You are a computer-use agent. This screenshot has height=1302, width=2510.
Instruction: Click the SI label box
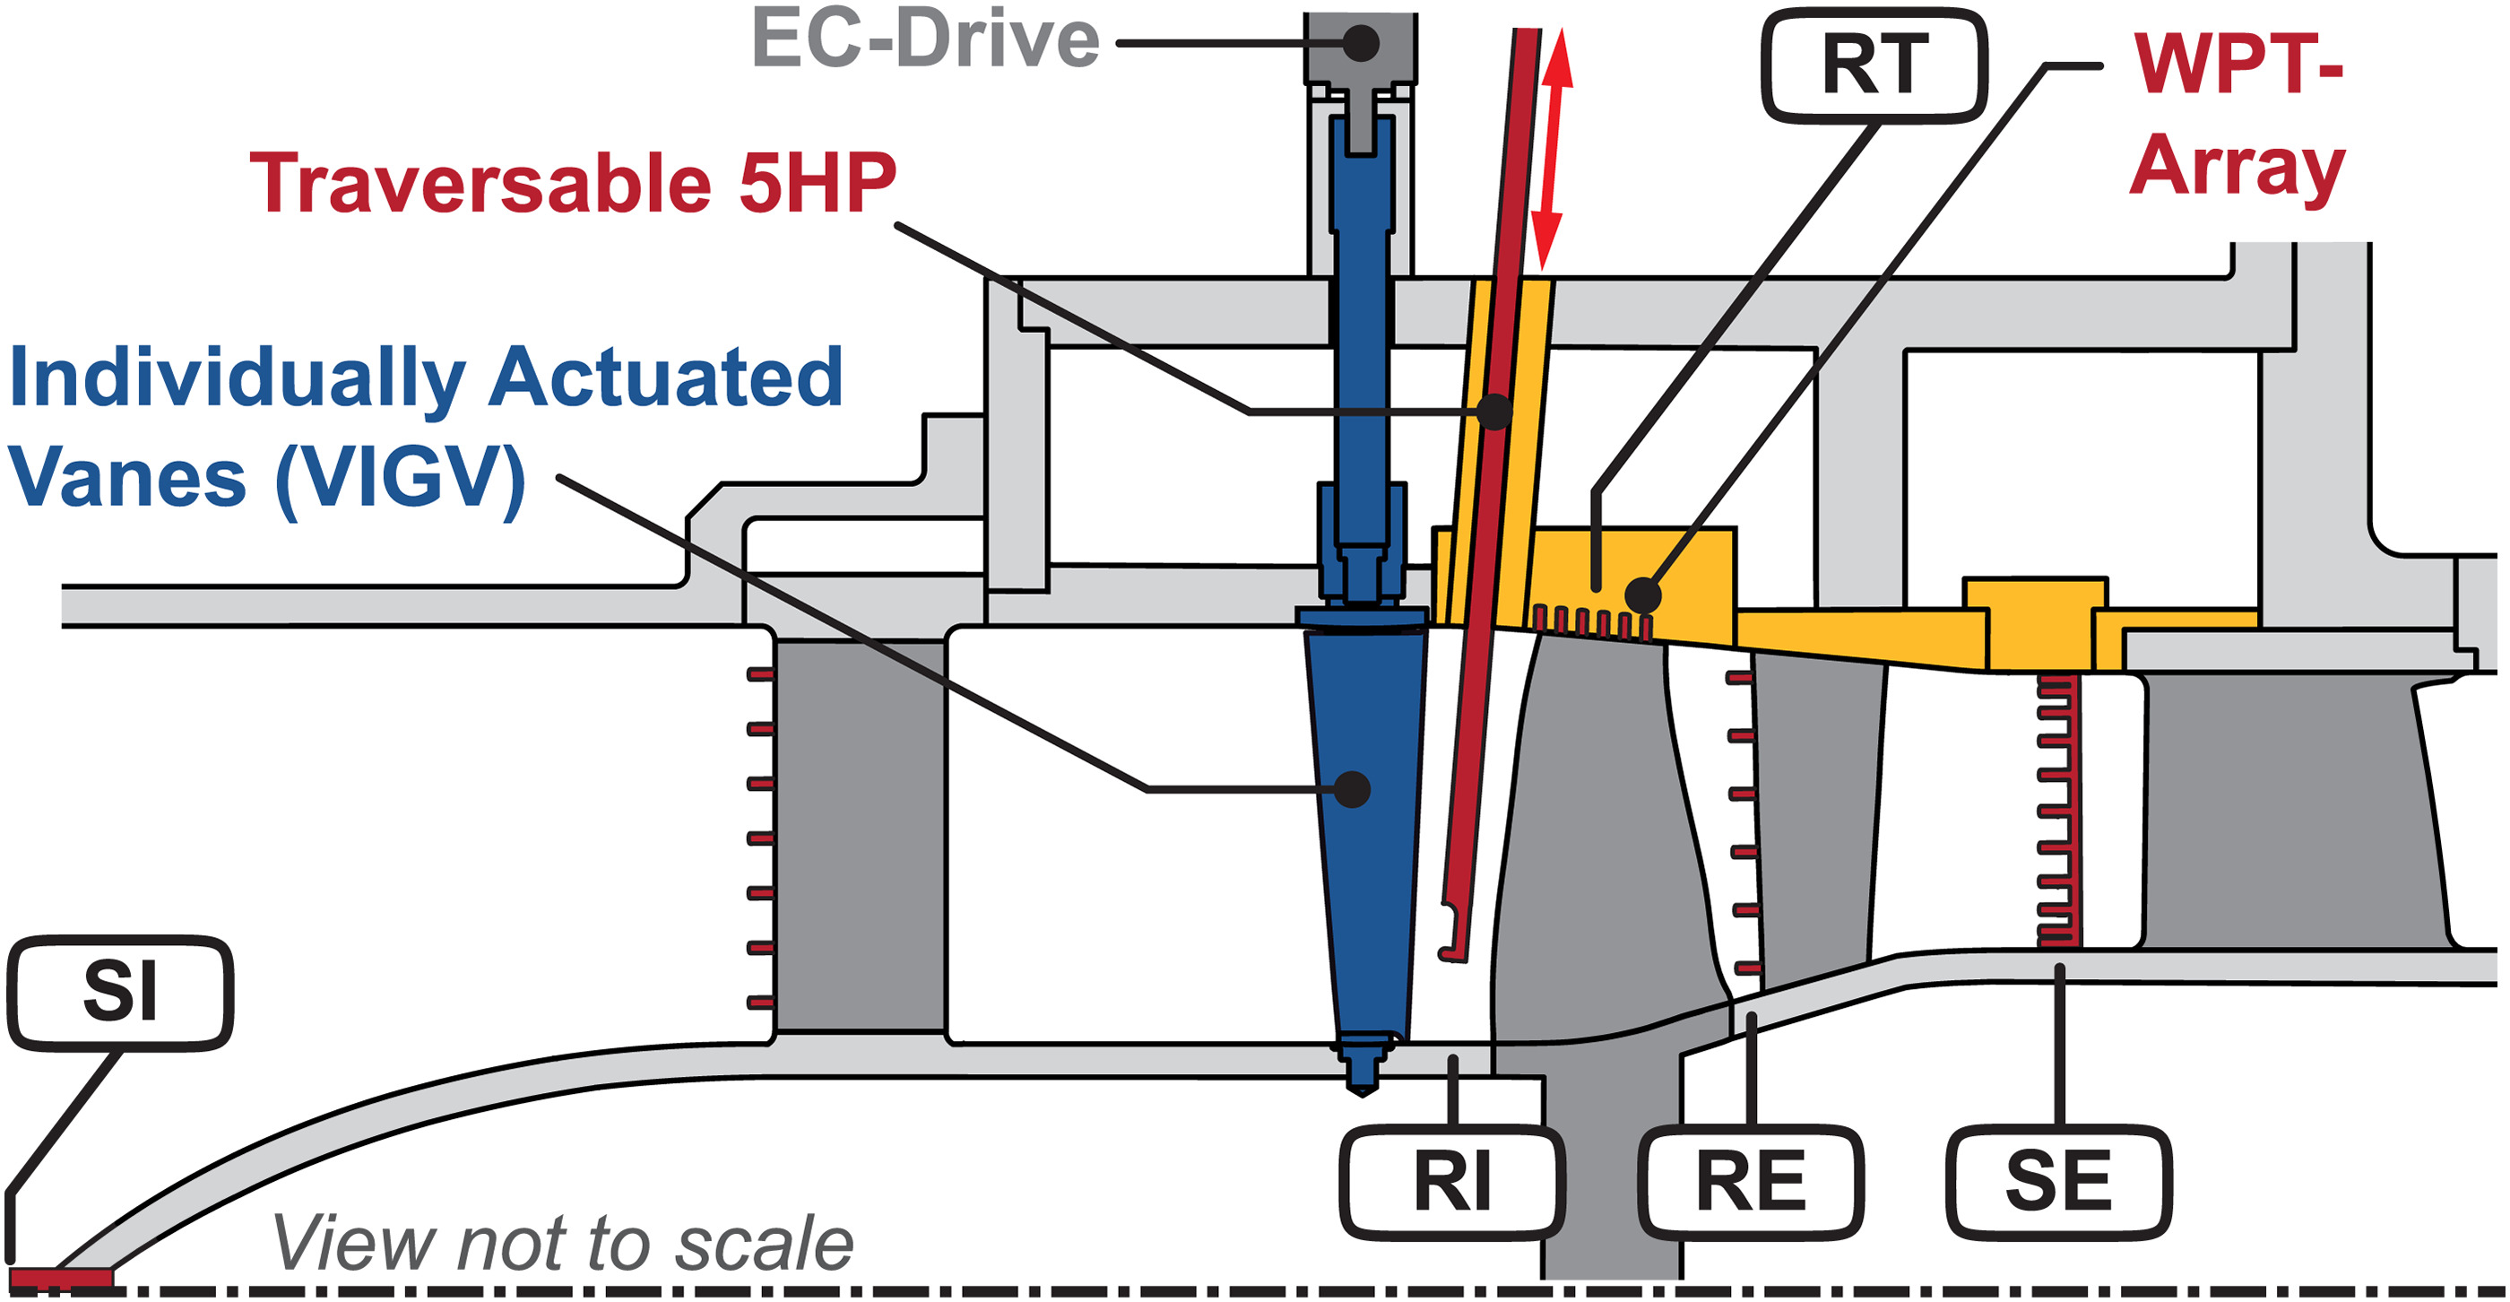point(120,992)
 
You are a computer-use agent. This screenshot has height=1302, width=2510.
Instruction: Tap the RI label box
point(1452,1181)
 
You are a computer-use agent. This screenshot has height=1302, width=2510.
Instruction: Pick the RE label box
point(1750,1181)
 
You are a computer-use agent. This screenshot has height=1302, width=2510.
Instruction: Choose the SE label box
point(2058,1181)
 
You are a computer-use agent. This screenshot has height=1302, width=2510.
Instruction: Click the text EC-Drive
point(925,41)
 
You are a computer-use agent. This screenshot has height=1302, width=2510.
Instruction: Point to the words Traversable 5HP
point(573,183)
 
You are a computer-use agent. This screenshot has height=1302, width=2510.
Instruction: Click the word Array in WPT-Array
point(2237,168)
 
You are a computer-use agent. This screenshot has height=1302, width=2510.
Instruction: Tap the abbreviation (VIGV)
point(401,480)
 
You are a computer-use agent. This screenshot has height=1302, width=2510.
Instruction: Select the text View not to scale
point(562,1245)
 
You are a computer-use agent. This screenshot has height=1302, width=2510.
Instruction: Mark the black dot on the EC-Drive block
point(1361,43)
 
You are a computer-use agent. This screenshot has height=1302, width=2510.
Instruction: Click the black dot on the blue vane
point(1353,788)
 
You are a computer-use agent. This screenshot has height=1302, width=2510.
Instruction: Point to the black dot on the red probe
point(1493,412)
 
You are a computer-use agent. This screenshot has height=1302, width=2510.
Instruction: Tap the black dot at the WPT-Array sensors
point(1643,595)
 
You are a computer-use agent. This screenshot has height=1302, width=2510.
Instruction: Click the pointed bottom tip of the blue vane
point(1363,1088)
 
